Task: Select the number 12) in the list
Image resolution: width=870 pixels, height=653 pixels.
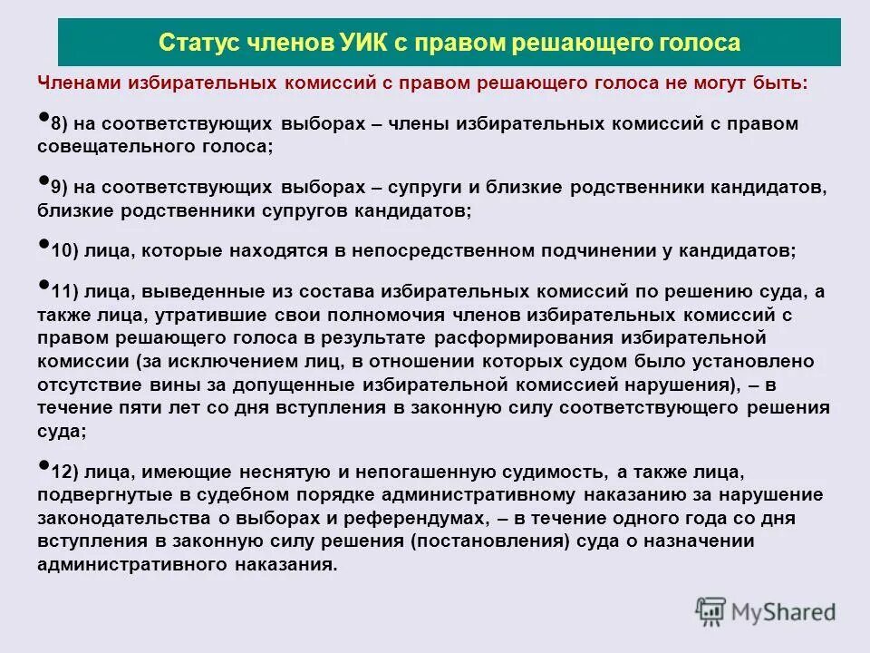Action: point(64,473)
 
